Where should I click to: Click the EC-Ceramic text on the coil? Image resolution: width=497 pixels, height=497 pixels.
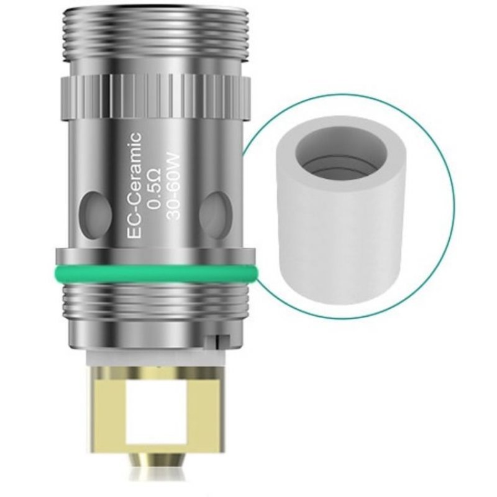pos(134,185)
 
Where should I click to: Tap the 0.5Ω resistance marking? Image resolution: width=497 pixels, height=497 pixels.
pos(154,188)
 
